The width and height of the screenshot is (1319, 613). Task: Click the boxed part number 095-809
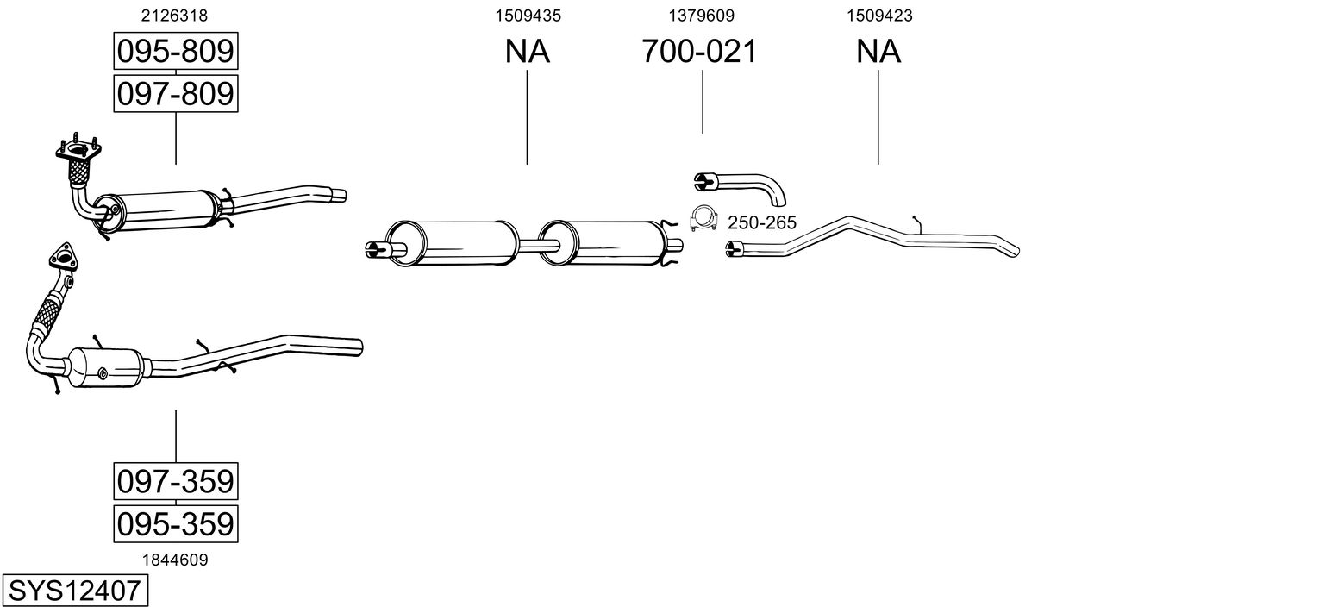[x=176, y=51]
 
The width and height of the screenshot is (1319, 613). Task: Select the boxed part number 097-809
[x=176, y=93]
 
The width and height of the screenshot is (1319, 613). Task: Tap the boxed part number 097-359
[x=176, y=481]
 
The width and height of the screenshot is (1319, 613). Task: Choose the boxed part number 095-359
[x=176, y=523]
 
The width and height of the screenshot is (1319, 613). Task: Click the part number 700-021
[x=699, y=51]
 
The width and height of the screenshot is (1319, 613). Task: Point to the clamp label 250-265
[x=762, y=222]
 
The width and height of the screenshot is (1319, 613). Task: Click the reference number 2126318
[x=174, y=16]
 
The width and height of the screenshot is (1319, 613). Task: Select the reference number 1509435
[x=528, y=16]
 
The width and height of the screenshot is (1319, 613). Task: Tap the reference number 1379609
[x=701, y=16]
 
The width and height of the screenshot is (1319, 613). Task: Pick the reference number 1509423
[x=879, y=16]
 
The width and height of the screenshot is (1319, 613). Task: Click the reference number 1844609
[x=175, y=560]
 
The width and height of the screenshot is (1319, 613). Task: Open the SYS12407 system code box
[x=75, y=591]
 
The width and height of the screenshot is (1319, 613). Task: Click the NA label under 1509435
[x=527, y=51]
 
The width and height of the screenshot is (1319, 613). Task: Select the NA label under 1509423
[x=878, y=51]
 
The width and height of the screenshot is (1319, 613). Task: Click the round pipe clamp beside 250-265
[x=703, y=216]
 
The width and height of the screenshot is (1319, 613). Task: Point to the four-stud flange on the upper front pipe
[x=78, y=149]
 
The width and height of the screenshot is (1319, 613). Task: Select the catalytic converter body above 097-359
[x=106, y=367]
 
